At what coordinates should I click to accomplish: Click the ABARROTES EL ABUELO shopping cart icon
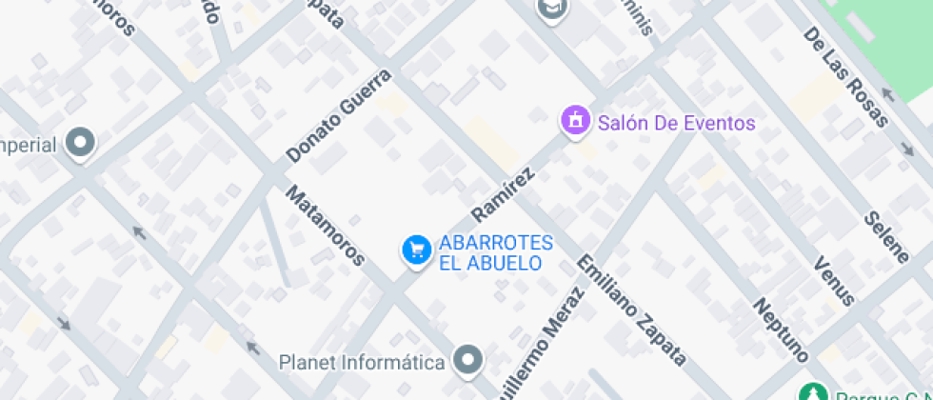(415, 250)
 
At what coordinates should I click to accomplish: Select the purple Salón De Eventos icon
(574, 122)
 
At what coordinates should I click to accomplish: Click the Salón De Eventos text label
(676, 123)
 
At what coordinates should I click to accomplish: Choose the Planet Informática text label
(362, 363)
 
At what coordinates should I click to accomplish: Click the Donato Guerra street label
(338, 115)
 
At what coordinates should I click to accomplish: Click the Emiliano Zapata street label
(631, 310)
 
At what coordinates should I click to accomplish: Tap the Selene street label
(886, 235)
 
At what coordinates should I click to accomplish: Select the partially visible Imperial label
(29, 145)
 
